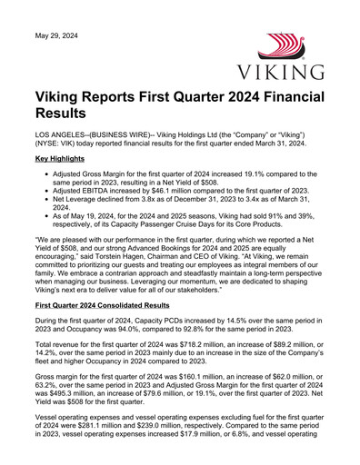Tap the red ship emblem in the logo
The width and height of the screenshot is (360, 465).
coord(285,47)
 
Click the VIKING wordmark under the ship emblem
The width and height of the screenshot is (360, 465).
coord(286,72)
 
